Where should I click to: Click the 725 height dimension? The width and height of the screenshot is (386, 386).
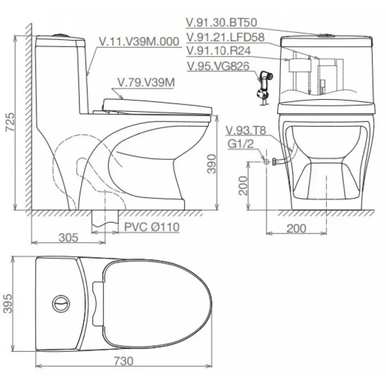[x=10, y=122]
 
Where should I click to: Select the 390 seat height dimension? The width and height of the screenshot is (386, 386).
[x=212, y=164]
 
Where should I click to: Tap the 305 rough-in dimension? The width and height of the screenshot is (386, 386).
[x=69, y=237]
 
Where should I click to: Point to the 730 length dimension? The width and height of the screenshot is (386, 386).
[x=124, y=361]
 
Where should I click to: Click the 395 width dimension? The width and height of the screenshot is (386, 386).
[x=8, y=303]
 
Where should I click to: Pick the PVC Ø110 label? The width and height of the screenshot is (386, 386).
[x=152, y=227]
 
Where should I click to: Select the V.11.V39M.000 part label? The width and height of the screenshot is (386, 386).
[x=139, y=41]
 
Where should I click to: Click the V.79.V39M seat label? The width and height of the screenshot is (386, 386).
[x=146, y=83]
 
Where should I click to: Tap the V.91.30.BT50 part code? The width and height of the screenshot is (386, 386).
[x=221, y=22]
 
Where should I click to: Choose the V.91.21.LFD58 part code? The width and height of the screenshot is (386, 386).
[x=225, y=38]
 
